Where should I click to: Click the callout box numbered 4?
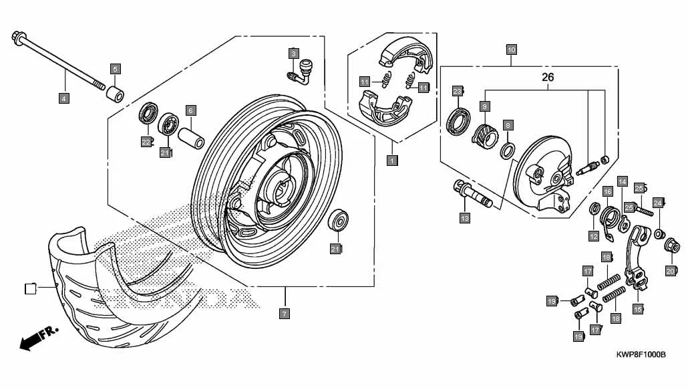pyautogui.click(x=64, y=98)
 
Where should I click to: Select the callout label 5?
pyautogui.click(x=116, y=69)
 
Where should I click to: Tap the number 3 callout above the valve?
pyautogui.click(x=293, y=53)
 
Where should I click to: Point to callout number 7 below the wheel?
pyautogui.click(x=284, y=313)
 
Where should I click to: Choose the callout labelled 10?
pyautogui.click(x=511, y=50)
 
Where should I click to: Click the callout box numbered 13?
pyautogui.click(x=465, y=217)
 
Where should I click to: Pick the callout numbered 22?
pyautogui.click(x=146, y=141)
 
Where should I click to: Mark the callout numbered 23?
pyautogui.click(x=457, y=90)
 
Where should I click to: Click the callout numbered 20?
pyautogui.click(x=670, y=271)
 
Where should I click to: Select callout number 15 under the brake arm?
pyautogui.click(x=638, y=308)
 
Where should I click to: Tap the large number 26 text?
pyautogui.click(x=548, y=78)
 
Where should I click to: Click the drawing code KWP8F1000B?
pyautogui.click(x=641, y=355)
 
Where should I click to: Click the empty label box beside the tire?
pyautogui.click(x=29, y=289)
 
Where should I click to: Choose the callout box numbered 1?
pyautogui.click(x=392, y=161)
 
